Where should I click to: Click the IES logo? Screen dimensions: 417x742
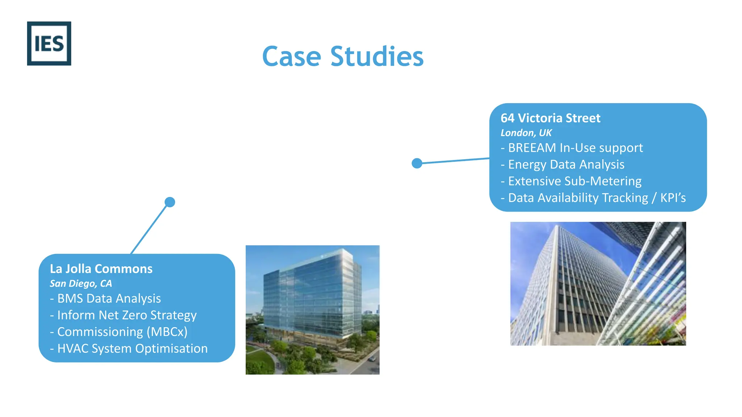coord(49,43)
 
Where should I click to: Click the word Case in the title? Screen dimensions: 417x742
coord(291,57)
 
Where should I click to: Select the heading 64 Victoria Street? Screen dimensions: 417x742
coord(550,118)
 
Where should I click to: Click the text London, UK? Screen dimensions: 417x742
coord(526,133)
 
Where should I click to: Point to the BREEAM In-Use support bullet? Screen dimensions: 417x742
coord(572,148)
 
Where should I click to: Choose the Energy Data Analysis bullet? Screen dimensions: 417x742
coord(562,164)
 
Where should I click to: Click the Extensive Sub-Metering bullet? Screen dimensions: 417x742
coord(571,181)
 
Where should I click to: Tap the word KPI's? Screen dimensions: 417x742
coord(673,198)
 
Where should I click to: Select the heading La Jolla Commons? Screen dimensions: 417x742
coord(101,269)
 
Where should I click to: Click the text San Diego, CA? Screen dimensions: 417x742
coord(81,283)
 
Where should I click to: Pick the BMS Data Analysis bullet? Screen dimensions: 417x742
coord(105,298)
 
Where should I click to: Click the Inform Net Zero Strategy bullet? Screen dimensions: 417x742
coord(123,315)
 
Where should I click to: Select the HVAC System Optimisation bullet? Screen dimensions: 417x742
coord(129,348)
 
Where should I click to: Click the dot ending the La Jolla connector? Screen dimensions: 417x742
coord(170,202)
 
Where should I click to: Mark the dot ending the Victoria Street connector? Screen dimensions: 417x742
coord(417,163)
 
